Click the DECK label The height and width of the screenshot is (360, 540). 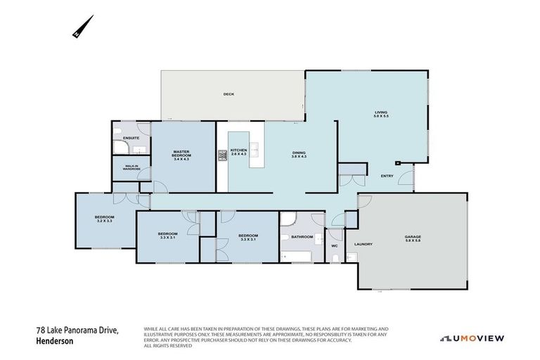pos(228,94)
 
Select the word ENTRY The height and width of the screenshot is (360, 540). pos(387,176)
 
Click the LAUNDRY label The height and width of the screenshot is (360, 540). pos(363,244)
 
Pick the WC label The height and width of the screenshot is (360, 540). pos(335,246)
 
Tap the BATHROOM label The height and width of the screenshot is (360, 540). pos(302,237)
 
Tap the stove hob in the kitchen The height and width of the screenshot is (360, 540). pos(222,155)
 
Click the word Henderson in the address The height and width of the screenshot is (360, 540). pos(56,341)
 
